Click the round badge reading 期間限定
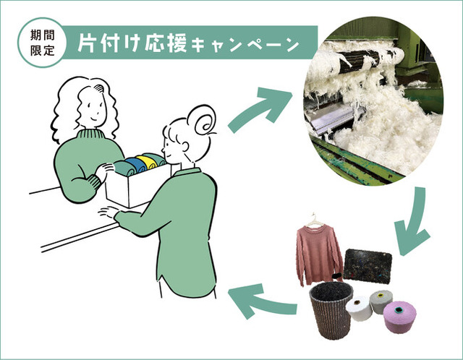[42, 43]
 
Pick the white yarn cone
[360, 309]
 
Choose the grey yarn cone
[381, 301]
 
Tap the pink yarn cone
[400, 317]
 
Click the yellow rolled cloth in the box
[148, 162]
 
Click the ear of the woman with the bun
[184, 147]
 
